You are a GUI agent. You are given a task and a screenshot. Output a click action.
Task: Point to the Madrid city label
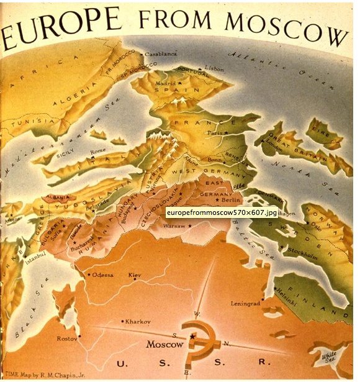click(x=166, y=83)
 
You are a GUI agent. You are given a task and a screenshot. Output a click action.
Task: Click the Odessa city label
click(x=103, y=274)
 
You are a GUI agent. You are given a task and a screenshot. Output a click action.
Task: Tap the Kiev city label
click(x=135, y=274)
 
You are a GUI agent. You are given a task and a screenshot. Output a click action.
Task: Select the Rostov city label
click(x=66, y=339)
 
